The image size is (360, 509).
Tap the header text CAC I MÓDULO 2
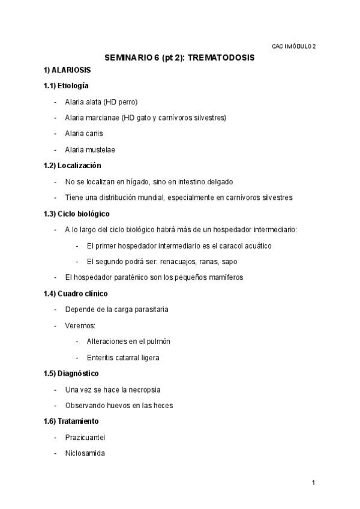click(293, 46)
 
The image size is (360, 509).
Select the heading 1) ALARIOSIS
click(67, 70)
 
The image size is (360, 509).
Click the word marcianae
click(102, 118)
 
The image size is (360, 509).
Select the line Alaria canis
click(84, 134)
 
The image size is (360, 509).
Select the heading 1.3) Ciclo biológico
click(76, 213)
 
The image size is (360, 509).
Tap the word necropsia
click(142, 390)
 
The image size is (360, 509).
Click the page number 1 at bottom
click(313, 482)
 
